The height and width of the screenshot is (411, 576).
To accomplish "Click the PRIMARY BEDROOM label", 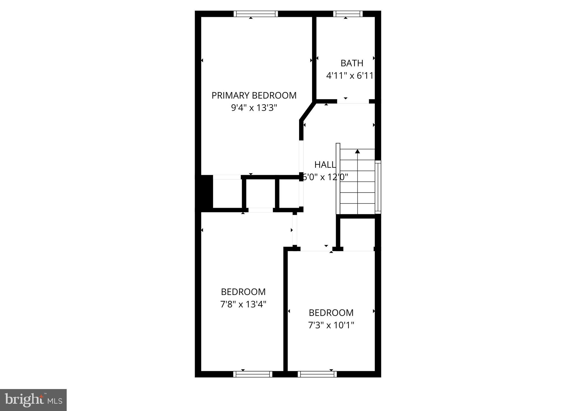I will point(254,96).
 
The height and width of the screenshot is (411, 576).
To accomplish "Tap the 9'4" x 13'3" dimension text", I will point(254,108).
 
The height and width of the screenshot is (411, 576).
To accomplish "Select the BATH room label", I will point(352,63).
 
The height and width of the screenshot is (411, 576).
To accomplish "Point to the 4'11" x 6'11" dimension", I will point(350,76).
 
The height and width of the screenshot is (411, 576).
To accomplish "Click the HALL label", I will point(325,165).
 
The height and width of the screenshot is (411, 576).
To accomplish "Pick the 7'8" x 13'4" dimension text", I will point(243,304).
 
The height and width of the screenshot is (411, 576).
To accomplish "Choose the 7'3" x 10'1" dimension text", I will point(331,325).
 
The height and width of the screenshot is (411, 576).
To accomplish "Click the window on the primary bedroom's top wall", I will point(256,14).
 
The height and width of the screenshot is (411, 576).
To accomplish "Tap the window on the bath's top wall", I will point(348,14).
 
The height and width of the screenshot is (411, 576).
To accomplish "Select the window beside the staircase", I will point(378,187).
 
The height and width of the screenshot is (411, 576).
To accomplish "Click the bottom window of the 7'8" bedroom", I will point(253,374).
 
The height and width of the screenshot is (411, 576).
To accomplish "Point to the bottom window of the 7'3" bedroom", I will point(317,374).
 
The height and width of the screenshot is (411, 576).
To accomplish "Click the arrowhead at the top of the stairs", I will point(357,151).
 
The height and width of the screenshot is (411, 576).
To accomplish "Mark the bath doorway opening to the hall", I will point(353,101).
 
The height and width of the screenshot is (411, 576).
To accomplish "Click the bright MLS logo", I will point(33,400).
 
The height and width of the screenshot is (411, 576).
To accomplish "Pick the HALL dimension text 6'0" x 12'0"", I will point(325,177).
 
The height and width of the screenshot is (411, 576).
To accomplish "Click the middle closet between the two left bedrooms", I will point(261,193).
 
